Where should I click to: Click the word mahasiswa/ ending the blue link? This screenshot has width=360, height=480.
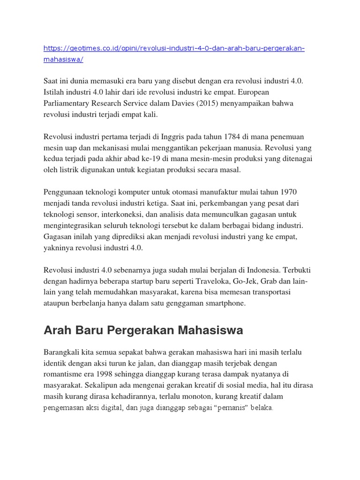click(63, 60)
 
